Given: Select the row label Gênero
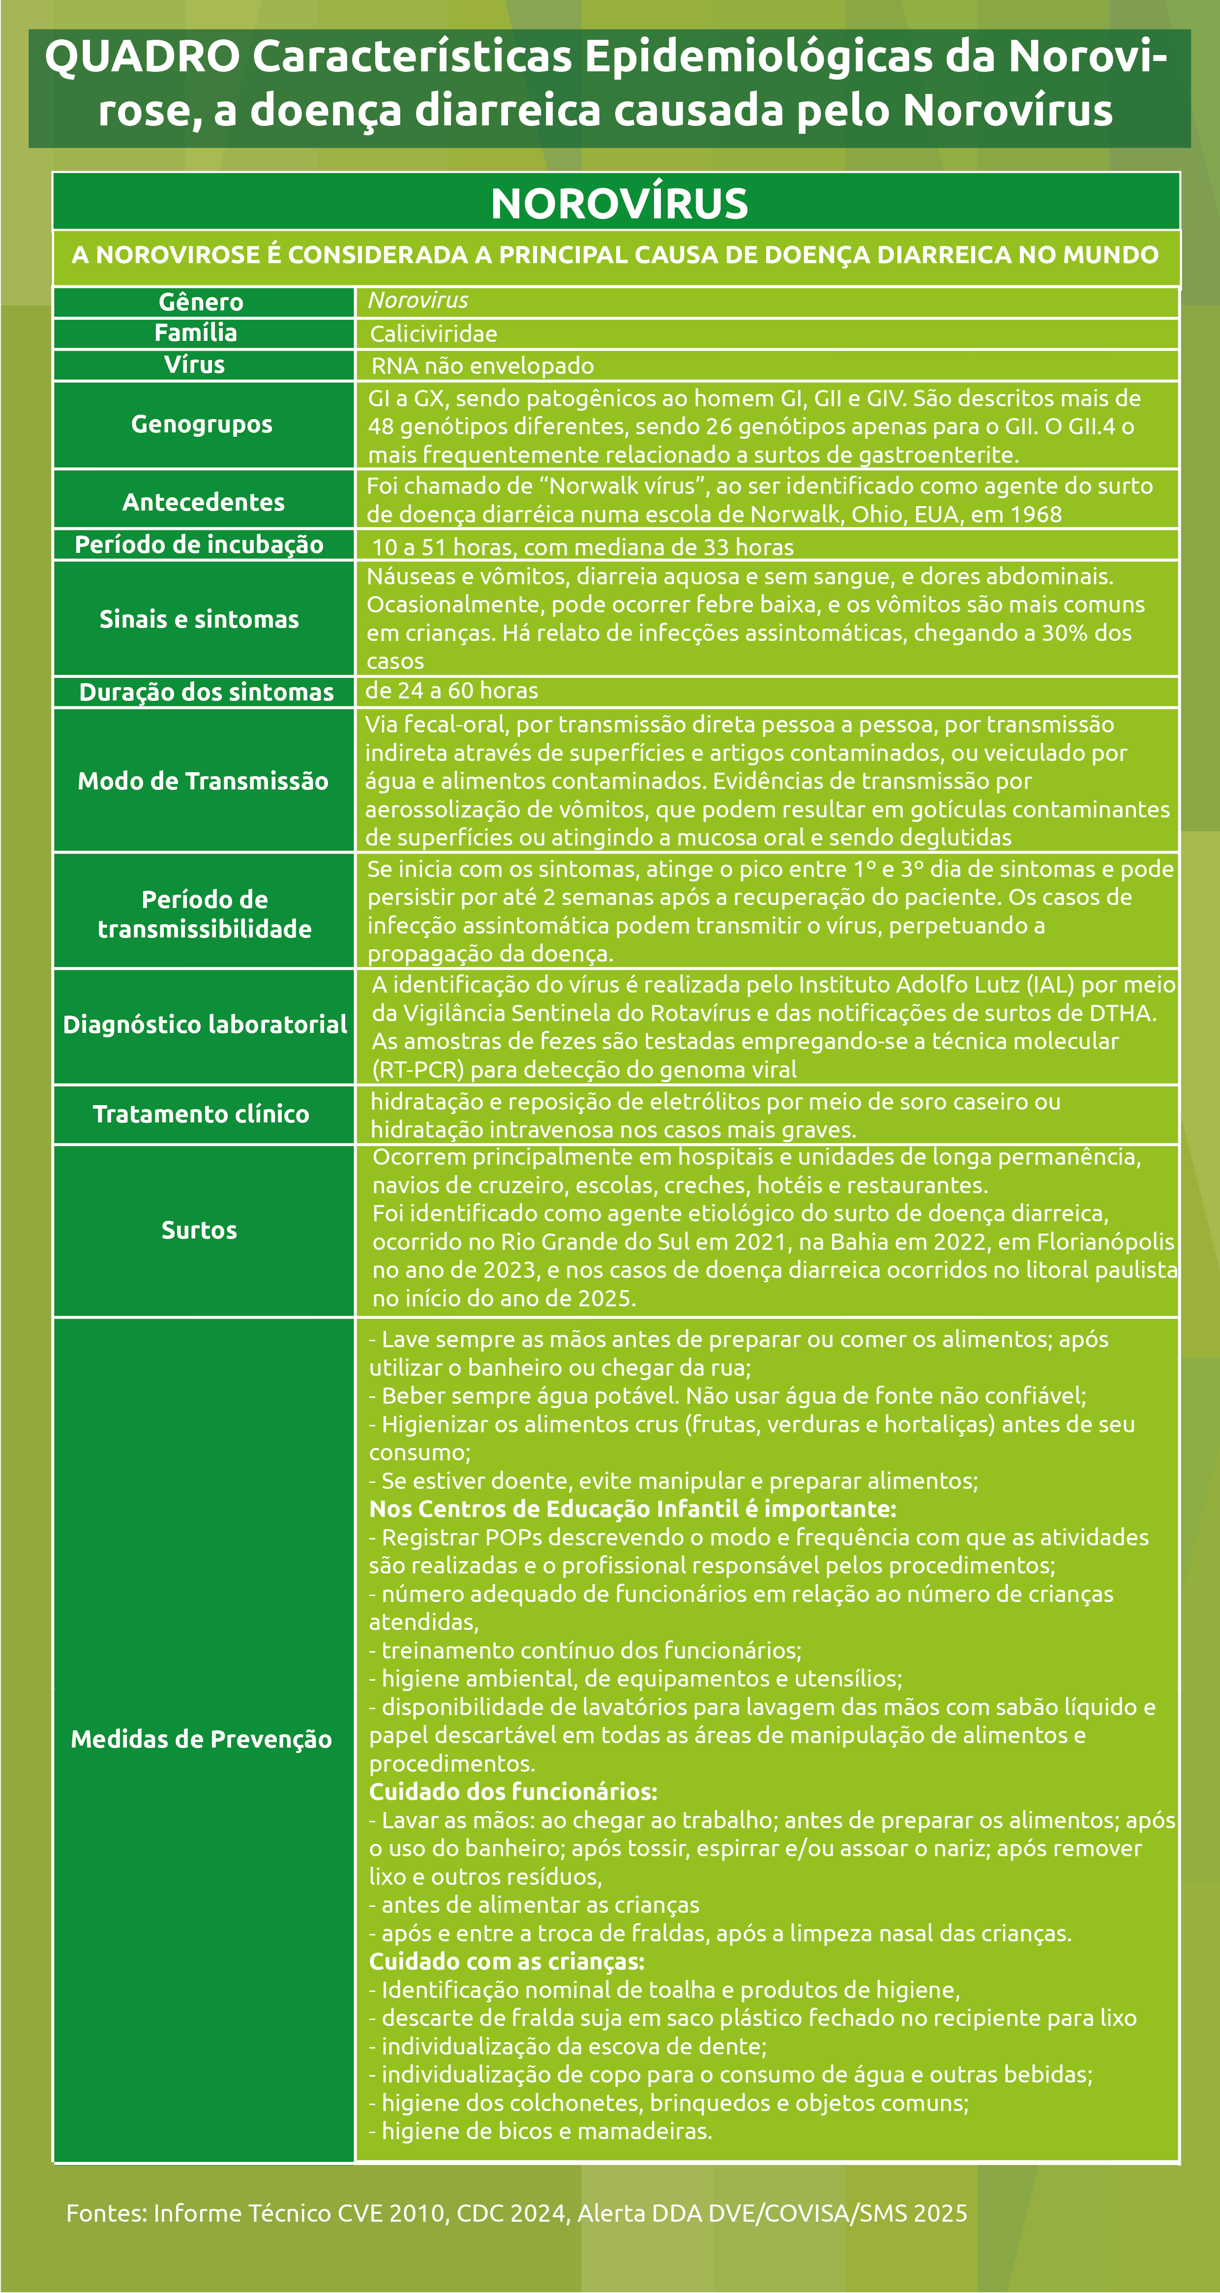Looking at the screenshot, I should [x=201, y=302].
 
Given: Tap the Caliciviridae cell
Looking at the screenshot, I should [x=433, y=334].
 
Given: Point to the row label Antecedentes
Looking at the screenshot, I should [x=204, y=502].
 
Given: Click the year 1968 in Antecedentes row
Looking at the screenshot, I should [x=1035, y=514].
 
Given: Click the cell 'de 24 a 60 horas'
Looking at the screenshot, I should [x=451, y=691].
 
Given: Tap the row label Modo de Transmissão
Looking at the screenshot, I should [x=203, y=781].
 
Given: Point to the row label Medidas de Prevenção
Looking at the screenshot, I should [x=201, y=1739].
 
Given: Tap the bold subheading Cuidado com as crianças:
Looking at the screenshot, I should [x=506, y=1961].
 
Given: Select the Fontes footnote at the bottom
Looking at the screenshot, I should [x=516, y=2213].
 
